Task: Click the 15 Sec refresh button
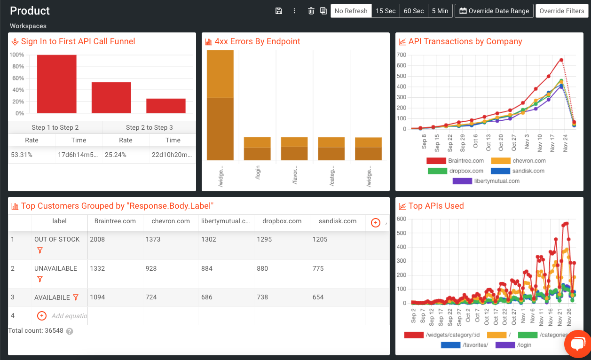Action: coord(386,11)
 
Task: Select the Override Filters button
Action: coord(561,11)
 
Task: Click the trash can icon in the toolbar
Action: coord(311,11)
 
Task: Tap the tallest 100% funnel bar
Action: coord(57,84)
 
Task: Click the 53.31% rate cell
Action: coord(22,155)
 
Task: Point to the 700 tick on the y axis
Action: coord(401,55)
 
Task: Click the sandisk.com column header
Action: coord(337,221)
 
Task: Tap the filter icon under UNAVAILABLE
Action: coord(40,279)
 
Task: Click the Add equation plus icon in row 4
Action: coord(41,316)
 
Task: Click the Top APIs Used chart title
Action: coord(436,206)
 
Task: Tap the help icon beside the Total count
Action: coord(70,331)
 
